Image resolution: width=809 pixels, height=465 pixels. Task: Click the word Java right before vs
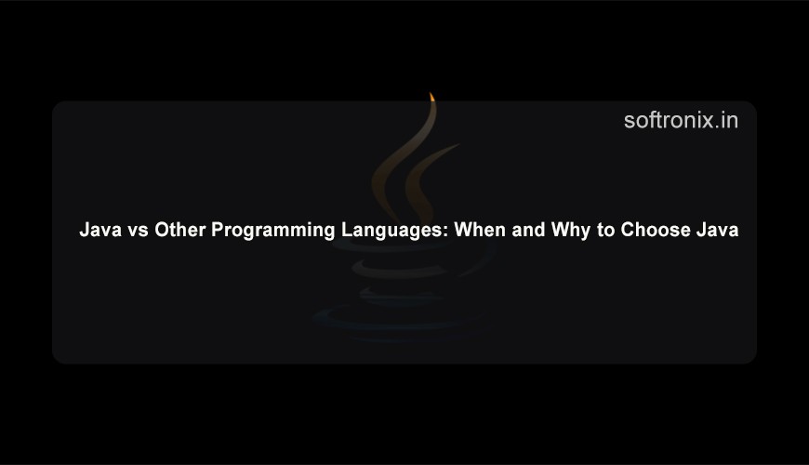tap(100, 230)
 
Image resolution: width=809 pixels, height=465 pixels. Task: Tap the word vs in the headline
tap(139, 231)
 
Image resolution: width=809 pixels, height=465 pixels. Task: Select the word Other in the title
tap(180, 230)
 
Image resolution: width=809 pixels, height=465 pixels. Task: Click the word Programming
tap(273, 231)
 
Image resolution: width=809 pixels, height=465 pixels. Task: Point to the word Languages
tap(392, 231)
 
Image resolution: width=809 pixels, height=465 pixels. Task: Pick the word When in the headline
tap(480, 230)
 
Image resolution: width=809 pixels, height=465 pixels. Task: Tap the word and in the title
tap(528, 230)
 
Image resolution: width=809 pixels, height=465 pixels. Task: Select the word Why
tap(571, 231)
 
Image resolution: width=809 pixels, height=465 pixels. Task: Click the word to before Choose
tap(605, 231)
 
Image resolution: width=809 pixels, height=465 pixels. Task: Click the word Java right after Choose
tap(717, 230)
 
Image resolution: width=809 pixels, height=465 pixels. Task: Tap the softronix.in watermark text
tap(681, 120)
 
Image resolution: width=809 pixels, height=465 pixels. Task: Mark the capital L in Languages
tap(347, 230)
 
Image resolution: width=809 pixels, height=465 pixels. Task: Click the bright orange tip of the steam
tap(431, 97)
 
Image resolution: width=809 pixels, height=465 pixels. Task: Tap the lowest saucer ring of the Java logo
tap(397, 320)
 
